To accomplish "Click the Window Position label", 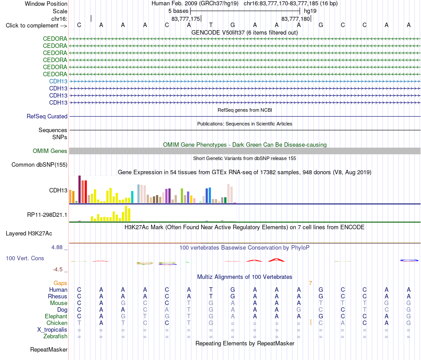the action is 46,4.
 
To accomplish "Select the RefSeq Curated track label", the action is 47,116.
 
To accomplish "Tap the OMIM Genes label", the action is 50,151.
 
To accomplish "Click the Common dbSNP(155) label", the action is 39,164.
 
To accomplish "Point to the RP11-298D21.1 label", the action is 47,215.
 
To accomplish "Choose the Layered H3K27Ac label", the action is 29,234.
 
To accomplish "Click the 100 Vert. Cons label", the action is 25,258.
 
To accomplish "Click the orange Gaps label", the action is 60,283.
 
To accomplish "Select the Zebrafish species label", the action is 55,337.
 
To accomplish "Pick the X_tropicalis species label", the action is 52,330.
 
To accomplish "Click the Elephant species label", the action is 56,317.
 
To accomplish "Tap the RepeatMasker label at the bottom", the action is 49,349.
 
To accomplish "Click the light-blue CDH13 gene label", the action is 58,82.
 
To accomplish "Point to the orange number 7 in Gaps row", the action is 310,283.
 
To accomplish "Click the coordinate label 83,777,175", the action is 186,19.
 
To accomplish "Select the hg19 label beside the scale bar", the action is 310,11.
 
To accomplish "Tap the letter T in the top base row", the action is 211,25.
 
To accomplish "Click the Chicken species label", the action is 57,323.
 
